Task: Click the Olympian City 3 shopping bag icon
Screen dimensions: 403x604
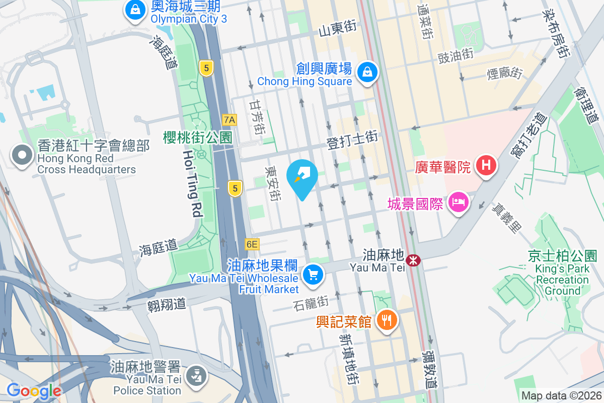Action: pos(135,10)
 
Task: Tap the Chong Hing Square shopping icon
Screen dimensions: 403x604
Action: pos(368,73)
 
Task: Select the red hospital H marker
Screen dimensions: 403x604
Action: pos(486,165)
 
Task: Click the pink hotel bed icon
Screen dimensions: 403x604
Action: pos(458,203)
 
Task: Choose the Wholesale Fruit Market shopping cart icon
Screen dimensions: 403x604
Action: pos(313,275)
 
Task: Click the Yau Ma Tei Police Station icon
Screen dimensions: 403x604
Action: pos(194,375)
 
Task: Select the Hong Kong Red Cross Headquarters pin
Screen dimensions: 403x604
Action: pos(22,155)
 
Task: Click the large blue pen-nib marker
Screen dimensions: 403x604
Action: pos(302,176)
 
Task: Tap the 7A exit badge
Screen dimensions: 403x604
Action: pos(230,119)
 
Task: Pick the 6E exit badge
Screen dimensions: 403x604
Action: pos(252,244)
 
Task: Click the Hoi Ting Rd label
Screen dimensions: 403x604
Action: pos(192,183)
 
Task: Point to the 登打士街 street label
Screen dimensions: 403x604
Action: pos(352,140)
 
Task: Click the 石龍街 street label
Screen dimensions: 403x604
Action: pos(311,302)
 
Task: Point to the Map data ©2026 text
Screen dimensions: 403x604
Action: pos(561,395)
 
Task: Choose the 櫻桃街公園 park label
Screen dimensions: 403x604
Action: pos(197,137)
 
